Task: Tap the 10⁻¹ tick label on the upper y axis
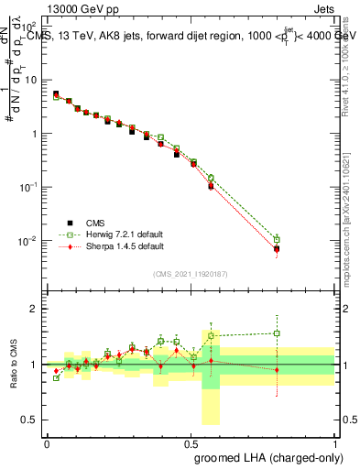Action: tap(28, 187)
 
